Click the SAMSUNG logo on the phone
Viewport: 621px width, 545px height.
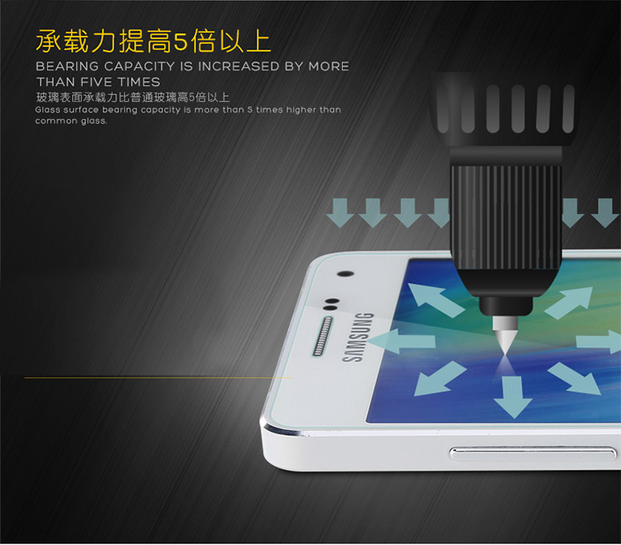358,337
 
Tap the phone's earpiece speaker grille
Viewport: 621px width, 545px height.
323,336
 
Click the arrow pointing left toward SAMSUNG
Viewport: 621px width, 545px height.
402,341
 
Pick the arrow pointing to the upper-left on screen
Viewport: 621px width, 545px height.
435,299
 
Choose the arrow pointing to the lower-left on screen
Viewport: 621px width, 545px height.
440,379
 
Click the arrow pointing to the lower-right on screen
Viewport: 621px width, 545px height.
575,378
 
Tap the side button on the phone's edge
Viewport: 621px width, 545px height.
532,454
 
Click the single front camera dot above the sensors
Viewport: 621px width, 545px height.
345,274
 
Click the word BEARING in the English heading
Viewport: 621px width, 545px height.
67,66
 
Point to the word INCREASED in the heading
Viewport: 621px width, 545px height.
238,66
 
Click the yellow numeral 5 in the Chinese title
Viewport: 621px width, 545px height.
181,41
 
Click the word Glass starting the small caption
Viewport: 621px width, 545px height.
46,109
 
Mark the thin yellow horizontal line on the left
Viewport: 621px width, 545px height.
158,378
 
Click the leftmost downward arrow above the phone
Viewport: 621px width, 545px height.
339,213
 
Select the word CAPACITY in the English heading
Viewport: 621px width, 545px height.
139,66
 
